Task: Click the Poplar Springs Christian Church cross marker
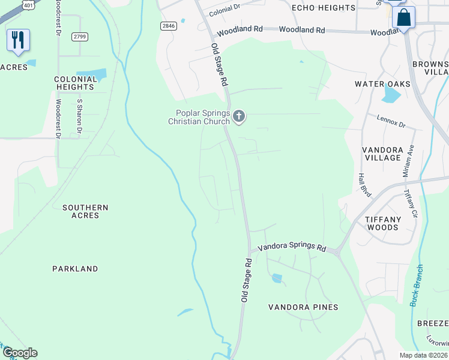[240, 116]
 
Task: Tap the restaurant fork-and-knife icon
[18, 40]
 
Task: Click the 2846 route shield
[169, 26]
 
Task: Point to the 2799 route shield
[80, 37]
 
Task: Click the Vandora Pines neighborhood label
[303, 307]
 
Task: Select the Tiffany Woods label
[382, 223]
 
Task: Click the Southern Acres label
[85, 211]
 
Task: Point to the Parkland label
[74, 269]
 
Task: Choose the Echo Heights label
[324, 8]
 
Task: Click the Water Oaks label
[382, 84]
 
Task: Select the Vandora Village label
[382, 153]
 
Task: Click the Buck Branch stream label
[417, 286]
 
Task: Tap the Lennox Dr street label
[391, 122]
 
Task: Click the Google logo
[20, 353]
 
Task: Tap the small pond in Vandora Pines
[277, 278]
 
